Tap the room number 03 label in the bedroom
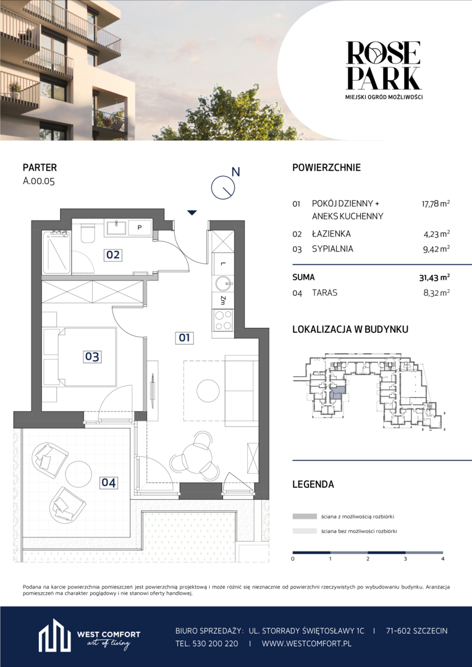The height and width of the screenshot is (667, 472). [x=92, y=356]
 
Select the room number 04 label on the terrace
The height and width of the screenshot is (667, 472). [x=109, y=483]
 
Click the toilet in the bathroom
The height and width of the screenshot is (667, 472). [x=88, y=233]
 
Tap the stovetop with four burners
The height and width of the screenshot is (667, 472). [x=222, y=321]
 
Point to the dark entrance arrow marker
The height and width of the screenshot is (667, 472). [x=192, y=212]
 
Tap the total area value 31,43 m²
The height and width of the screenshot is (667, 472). [x=433, y=277]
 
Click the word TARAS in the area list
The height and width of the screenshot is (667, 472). [x=325, y=293]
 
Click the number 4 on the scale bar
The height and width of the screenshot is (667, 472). [x=443, y=559]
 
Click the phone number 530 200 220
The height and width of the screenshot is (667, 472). [x=216, y=644]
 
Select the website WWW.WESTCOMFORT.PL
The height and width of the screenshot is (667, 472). [x=306, y=644]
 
